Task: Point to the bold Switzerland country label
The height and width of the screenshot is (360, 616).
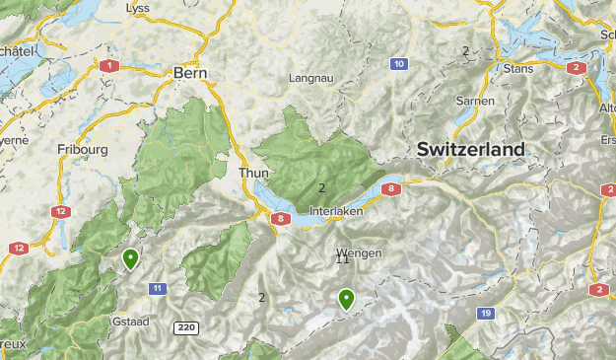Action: (x=471, y=149)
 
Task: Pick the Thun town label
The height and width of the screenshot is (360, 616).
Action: (x=253, y=173)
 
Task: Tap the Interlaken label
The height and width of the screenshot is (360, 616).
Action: (x=336, y=211)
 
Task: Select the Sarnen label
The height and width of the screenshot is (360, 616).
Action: (x=475, y=101)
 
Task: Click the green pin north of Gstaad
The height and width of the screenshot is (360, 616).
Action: (x=130, y=259)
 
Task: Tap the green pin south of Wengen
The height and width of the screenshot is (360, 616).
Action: (x=346, y=299)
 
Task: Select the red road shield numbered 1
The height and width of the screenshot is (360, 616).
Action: (x=108, y=65)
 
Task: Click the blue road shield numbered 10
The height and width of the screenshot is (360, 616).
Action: (x=398, y=64)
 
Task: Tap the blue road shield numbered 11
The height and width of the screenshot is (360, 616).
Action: (x=158, y=288)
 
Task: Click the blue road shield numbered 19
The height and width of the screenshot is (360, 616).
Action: (x=486, y=313)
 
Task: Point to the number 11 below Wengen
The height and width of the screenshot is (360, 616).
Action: (x=343, y=259)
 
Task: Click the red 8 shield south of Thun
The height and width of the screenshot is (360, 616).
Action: (x=282, y=219)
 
